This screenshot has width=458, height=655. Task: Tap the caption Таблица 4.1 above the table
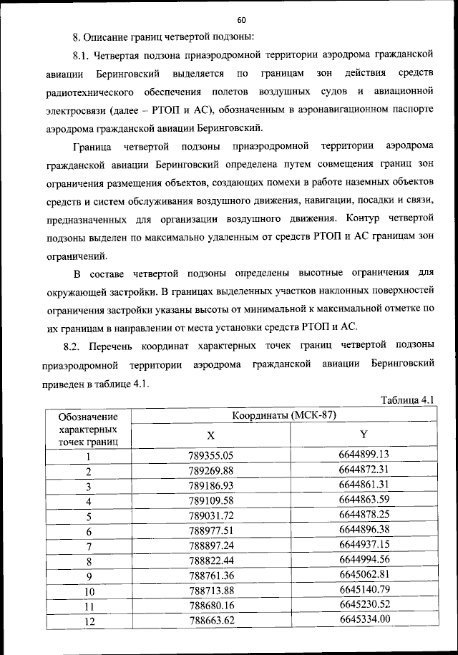[407, 399]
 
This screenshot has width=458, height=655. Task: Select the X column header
[210, 435]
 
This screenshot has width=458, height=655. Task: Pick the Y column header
[364, 435]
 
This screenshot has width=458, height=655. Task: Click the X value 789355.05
[211, 455]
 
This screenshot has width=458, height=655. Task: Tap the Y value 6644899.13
[364, 455]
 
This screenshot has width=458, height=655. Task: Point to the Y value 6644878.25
[364, 515]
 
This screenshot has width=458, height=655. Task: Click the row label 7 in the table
[89, 546]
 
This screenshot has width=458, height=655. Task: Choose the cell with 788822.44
[211, 561]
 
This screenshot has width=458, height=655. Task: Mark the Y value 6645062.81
[364, 575]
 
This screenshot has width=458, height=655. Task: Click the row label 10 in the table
[89, 591]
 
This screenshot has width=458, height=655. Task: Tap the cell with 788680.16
[211, 606]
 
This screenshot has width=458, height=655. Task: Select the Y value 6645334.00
[364, 620]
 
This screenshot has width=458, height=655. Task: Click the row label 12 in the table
[89, 621]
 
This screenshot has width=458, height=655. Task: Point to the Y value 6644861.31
[364, 485]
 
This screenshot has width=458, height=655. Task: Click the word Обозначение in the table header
[89, 417]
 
